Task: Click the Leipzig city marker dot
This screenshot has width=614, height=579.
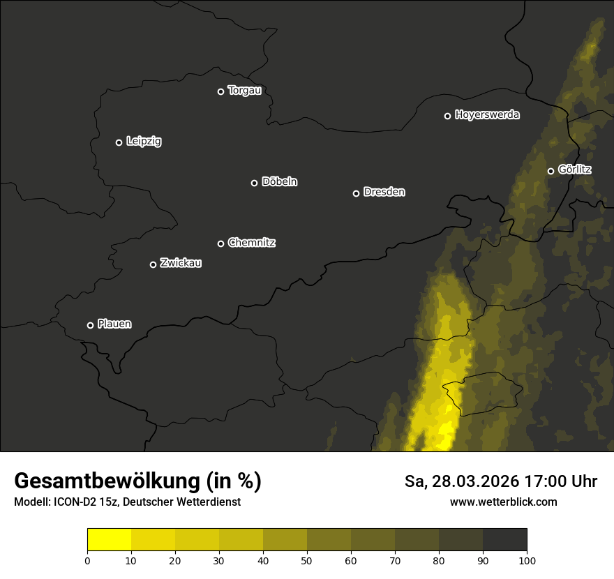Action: tap(119, 142)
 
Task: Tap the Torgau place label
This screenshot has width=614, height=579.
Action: tap(244, 91)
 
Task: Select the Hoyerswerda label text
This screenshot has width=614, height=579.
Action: tap(487, 114)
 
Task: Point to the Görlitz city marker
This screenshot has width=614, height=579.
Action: tap(551, 171)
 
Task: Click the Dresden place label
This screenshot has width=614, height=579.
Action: tap(384, 192)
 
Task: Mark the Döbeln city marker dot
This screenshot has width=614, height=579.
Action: tap(254, 183)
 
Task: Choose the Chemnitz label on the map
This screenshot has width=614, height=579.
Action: tap(251, 243)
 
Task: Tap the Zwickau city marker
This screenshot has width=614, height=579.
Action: tap(153, 264)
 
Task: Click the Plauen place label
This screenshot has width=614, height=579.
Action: tap(114, 324)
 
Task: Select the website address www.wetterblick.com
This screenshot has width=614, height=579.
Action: tap(503, 502)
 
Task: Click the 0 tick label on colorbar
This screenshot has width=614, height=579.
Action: tap(87, 559)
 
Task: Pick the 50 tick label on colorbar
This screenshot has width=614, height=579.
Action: tap(307, 559)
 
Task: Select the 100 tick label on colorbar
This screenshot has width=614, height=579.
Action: tap(527, 559)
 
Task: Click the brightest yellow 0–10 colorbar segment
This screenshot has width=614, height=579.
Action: tap(109, 540)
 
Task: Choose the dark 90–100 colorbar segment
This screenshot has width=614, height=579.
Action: tap(504, 540)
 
